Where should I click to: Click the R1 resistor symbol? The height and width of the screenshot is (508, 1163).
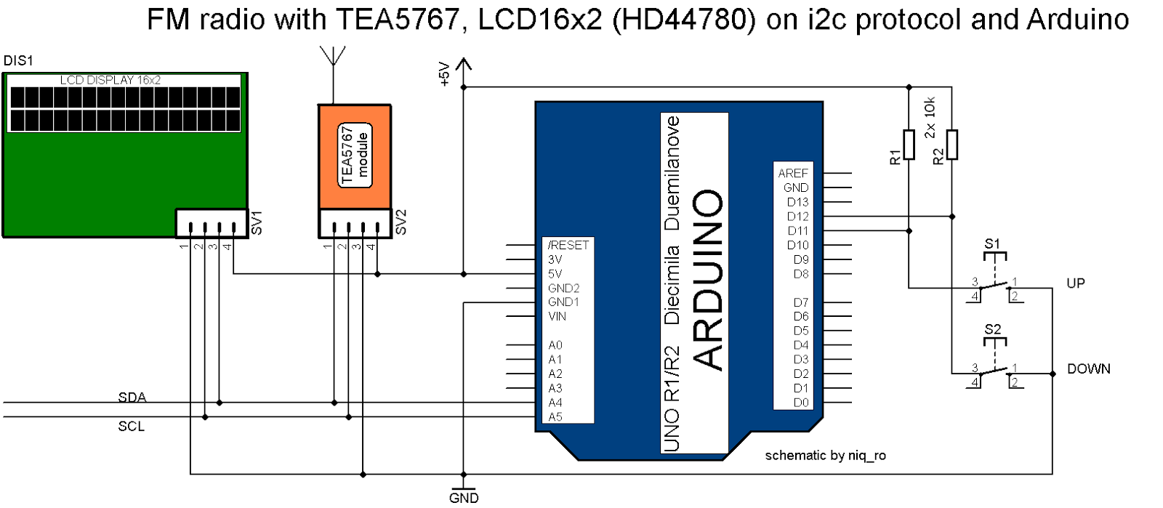908,144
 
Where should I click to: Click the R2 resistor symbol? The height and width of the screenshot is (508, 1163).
951,144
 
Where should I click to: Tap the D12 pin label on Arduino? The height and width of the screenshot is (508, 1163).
797,217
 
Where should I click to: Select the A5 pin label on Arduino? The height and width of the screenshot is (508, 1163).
555,416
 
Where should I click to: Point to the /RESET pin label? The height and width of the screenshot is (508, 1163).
568,246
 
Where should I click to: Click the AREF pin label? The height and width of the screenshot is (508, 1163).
792,173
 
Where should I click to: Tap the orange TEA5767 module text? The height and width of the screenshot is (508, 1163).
355,155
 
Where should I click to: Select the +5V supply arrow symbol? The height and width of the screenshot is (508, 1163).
463,65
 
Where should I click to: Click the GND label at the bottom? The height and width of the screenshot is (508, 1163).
464,498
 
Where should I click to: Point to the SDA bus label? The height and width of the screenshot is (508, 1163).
132,398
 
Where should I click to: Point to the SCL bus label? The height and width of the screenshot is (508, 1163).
131,427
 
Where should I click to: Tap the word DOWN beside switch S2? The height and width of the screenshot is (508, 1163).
1088,369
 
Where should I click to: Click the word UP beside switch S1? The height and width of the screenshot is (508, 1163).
1075,283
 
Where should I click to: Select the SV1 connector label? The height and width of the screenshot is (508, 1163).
256,223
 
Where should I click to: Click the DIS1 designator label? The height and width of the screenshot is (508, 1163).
18,61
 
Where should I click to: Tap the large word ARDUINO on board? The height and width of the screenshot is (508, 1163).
707,280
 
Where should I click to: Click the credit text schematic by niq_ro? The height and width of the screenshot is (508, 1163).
825,456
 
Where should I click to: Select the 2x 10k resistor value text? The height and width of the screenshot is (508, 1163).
930,118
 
